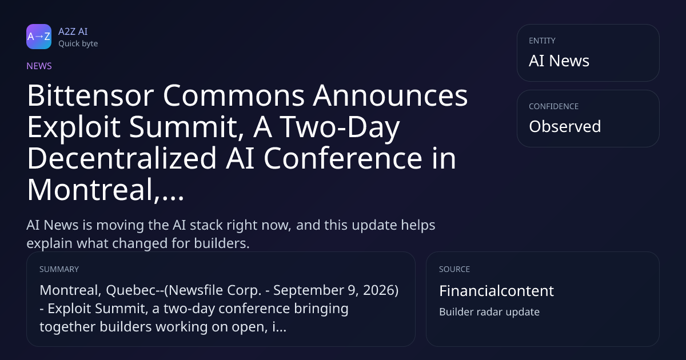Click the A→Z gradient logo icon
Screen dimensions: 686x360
tap(39, 37)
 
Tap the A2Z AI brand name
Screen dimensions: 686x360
tap(73, 31)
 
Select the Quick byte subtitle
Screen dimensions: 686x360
tap(78, 44)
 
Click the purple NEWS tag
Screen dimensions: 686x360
tap(39, 66)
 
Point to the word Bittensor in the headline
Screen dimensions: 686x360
tap(91, 95)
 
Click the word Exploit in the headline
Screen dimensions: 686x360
tap(74, 127)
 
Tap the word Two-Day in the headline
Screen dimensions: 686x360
tap(340, 127)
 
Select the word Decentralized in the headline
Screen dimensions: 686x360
tap(122, 158)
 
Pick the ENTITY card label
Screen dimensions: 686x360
tap(542, 41)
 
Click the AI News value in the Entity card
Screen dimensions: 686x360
tap(559, 61)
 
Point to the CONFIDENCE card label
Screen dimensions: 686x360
tap(554, 106)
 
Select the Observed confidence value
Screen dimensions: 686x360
tap(565, 126)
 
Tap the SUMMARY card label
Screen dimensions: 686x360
tap(59, 269)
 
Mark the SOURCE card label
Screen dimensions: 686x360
tap(454, 269)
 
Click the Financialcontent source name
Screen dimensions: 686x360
tap(496, 291)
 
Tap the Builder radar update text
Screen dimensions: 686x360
tap(489, 312)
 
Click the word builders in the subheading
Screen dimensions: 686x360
tap(222, 243)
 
